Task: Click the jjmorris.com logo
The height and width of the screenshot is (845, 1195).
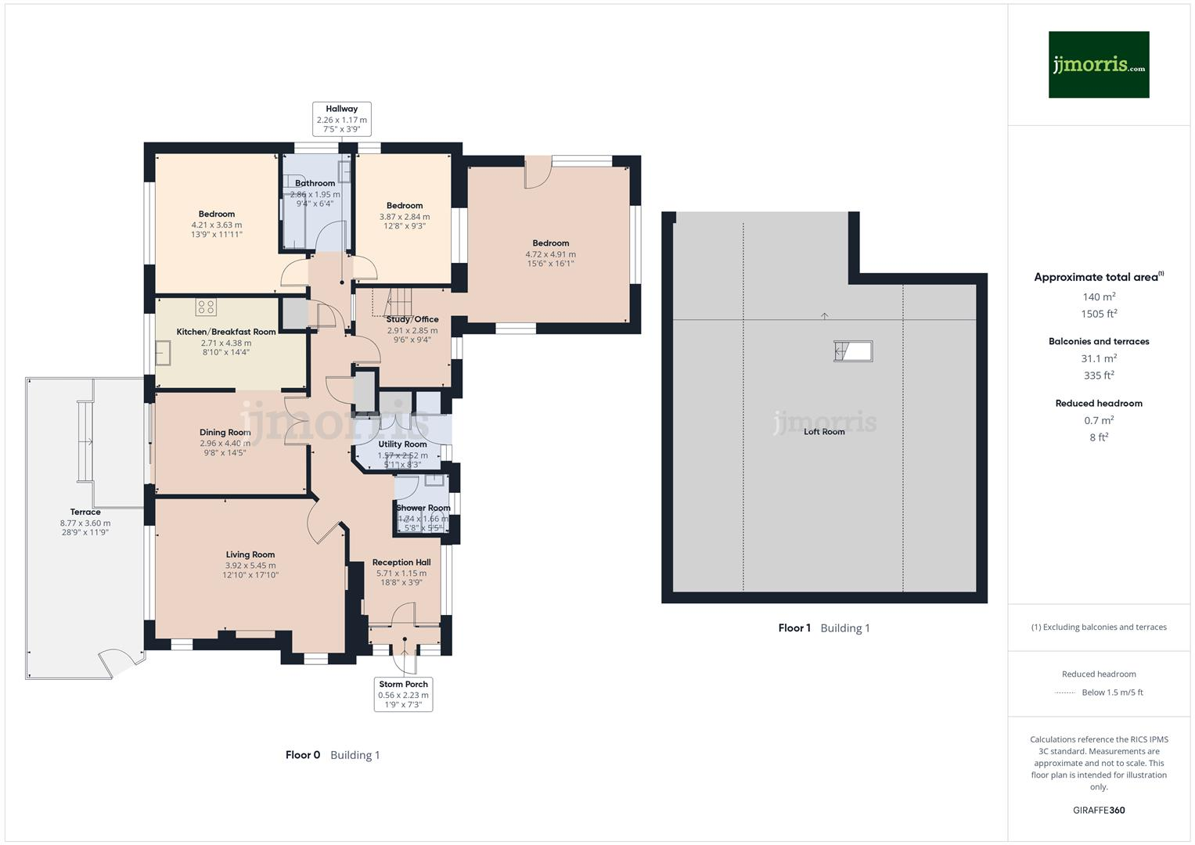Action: [x=1098, y=64]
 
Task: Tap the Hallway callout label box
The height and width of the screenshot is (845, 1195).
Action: [x=341, y=119]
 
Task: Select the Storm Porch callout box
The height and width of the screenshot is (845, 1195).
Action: [x=403, y=694]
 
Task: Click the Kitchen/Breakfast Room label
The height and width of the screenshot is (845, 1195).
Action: [x=226, y=332]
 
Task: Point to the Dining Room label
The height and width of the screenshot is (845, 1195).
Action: [x=225, y=433]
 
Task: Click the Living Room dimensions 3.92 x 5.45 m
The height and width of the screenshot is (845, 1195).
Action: [x=250, y=566]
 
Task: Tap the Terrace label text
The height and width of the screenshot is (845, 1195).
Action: [x=85, y=512]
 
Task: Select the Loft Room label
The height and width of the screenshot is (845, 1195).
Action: [x=824, y=432]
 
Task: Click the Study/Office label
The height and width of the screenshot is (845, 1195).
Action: [x=412, y=319]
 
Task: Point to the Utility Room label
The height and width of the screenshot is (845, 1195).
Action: [x=402, y=444]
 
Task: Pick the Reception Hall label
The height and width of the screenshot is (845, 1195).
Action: [x=401, y=563]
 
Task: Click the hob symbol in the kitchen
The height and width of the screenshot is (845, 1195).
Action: [x=206, y=307]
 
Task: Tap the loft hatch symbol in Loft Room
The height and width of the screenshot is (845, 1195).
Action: [x=853, y=351]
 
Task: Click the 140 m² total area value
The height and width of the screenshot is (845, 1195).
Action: [x=1099, y=297]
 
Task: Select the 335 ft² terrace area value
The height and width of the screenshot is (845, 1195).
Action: [x=1099, y=376]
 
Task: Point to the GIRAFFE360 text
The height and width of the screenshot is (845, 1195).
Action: [x=1099, y=810]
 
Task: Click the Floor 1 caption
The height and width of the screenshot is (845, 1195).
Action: [x=794, y=628]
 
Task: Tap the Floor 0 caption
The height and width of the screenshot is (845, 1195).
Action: [x=303, y=755]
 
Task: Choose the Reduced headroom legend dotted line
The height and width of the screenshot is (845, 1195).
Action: [x=1065, y=692]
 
